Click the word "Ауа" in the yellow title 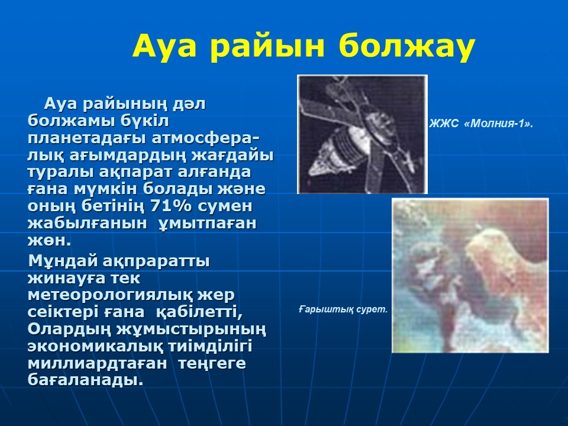pos(164,46)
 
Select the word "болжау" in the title pos(407,47)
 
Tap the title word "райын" pos(267,47)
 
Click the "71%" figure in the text pos(170,206)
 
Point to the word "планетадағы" pos(87,138)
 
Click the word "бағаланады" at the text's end pos(85,380)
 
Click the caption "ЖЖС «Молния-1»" pos(481,124)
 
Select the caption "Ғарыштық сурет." pos(343,309)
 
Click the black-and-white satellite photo pos(362,134)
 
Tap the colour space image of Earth pos(470,275)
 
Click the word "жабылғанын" pos(88,223)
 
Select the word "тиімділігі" pos(210,346)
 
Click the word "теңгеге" pos(212,363)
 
